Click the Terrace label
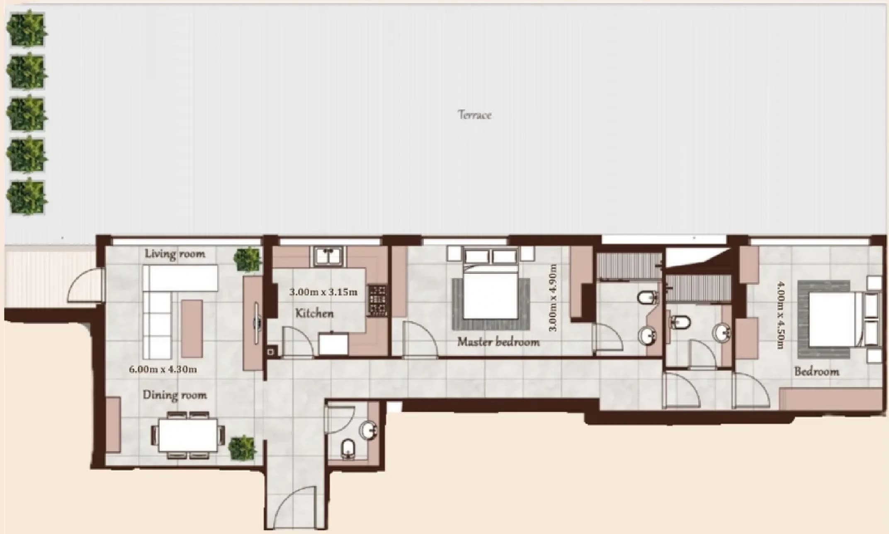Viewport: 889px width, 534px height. point(475,115)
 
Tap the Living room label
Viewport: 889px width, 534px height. point(175,254)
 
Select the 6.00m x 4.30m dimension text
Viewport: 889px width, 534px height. point(163,369)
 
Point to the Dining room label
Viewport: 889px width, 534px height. point(175,395)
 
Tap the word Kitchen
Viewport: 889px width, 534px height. point(314,313)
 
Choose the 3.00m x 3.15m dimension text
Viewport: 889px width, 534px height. point(323,292)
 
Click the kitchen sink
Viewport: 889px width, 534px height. point(328,256)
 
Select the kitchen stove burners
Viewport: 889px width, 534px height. point(377,300)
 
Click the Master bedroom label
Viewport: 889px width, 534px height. point(498,342)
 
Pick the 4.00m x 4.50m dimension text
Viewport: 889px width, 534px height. point(781,315)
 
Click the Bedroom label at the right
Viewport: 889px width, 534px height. point(816,371)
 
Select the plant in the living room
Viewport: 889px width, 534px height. point(248,259)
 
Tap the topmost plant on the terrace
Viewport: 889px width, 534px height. point(26,29)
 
